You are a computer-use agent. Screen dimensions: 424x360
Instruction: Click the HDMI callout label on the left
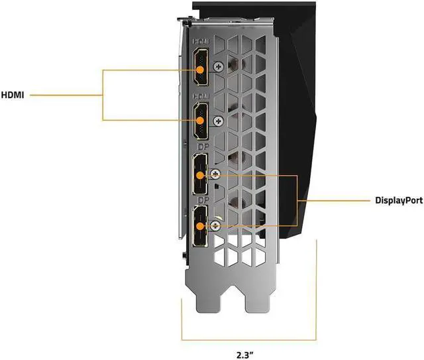(x=13, y=95)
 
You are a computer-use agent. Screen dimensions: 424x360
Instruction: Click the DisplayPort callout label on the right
(x=396, y=200)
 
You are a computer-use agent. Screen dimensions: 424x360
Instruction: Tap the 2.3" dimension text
(x=248, y=345)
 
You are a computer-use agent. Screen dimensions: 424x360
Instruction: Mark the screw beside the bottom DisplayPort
(x=215, y=226)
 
